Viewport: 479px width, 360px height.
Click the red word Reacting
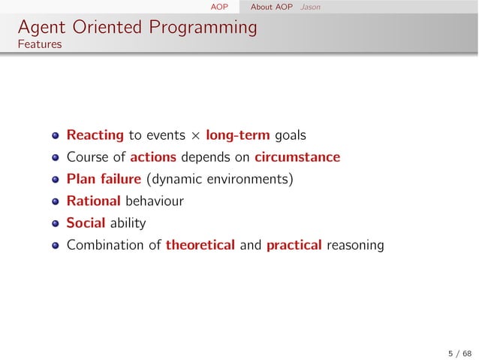(95, 136)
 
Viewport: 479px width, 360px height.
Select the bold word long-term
(239, 136)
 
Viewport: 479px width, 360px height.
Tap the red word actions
(153, 158)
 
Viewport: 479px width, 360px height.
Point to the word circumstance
(297, 158)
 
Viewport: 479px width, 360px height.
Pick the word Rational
(93, 201)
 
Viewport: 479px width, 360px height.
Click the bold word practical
(294, 245)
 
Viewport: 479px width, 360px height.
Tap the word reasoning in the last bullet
(355, 245)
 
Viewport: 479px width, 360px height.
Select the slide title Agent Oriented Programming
(137, 28)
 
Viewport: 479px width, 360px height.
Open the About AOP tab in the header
(271, 7)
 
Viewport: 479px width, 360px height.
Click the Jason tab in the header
(309, 7)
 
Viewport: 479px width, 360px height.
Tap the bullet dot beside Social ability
(56, 224)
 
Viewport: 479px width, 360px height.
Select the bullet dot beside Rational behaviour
(56, 202)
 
